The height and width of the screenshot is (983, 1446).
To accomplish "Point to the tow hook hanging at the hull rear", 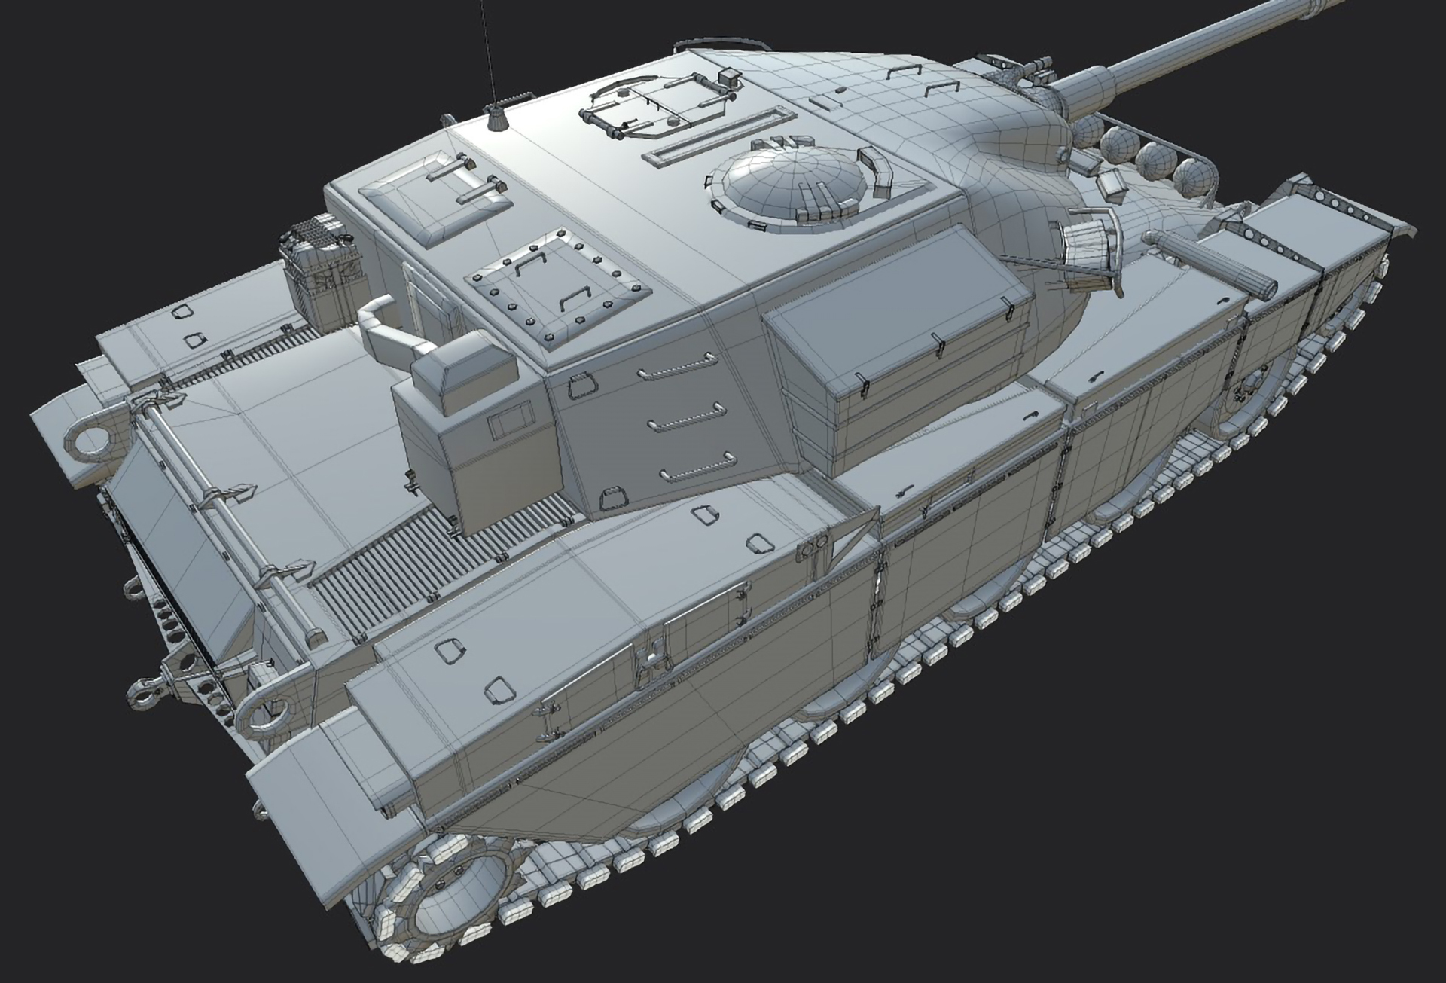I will (x=148, y=690).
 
